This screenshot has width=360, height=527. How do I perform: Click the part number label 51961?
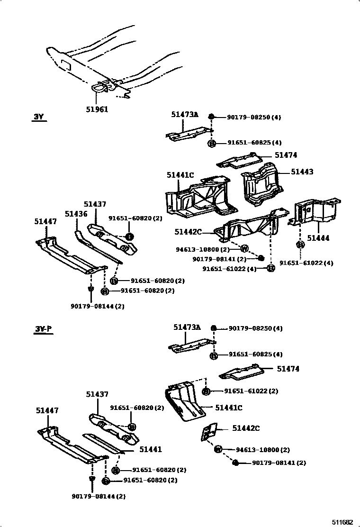pos(97,109)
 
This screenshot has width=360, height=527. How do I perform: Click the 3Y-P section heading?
pos(42,328)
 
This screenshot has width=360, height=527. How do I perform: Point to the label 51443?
pos(302,172)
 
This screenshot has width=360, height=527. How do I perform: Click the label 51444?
pos(318,238)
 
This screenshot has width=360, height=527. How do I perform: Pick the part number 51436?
pos(76,214)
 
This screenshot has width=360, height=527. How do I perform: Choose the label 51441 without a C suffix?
pos(150,449)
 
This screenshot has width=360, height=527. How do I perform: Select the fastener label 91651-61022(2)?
pos(251,391)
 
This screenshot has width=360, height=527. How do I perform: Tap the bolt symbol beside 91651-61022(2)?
pos(207,391)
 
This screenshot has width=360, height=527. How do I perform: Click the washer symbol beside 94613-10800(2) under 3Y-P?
pos(218,449)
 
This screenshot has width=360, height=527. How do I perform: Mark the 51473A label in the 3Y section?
pos(185,115)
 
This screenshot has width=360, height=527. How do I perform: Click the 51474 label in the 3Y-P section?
pos(288,368)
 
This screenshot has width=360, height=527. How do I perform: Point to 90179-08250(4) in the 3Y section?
pos(254,117)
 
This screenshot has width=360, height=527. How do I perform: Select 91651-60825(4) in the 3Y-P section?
pos(255,354)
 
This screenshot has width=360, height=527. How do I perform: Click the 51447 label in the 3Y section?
pos(45,221)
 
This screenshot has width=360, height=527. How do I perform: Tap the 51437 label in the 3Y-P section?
pos(97,394)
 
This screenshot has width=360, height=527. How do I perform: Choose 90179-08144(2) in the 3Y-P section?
pos(99,496)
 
